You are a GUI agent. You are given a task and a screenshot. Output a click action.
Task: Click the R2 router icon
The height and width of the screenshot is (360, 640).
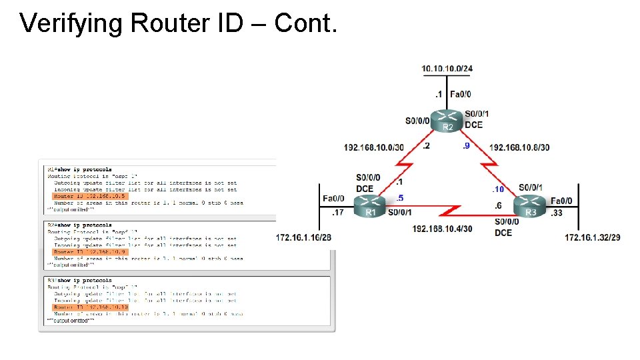point(447,121)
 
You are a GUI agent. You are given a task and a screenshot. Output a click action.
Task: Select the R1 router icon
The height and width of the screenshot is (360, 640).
point(369,207)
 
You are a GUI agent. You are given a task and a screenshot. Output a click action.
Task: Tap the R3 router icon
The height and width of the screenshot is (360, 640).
point(530,207)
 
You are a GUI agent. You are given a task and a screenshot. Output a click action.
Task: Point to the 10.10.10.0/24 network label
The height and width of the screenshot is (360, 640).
point(447,69)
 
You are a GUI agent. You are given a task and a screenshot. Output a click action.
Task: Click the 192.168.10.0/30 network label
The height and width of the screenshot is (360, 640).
point(373,147)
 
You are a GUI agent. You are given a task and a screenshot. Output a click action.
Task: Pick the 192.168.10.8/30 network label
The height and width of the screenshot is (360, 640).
point(519,147)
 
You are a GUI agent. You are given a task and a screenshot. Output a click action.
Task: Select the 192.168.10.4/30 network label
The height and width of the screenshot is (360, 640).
point(442,229)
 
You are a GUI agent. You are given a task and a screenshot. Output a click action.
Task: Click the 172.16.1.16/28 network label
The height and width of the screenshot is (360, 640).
point(304,237)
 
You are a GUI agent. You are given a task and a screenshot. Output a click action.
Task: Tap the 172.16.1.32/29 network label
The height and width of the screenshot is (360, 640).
point(593,237)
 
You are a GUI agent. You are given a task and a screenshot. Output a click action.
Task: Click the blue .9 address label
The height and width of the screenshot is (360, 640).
point(465,146)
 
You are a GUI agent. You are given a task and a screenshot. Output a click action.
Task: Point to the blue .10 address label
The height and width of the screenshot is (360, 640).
point(497,190)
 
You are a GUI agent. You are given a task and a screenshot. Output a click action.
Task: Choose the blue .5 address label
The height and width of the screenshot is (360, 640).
point(399,198)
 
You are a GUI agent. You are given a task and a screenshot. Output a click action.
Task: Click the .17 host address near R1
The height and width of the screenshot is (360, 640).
point(338,213)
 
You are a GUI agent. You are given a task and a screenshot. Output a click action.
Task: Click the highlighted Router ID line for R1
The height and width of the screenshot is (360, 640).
point(89,197)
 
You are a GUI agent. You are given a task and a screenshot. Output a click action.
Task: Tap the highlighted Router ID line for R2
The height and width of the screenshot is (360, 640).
point(89,252)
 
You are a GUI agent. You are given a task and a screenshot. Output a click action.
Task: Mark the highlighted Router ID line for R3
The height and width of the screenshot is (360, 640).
point(89,307)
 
